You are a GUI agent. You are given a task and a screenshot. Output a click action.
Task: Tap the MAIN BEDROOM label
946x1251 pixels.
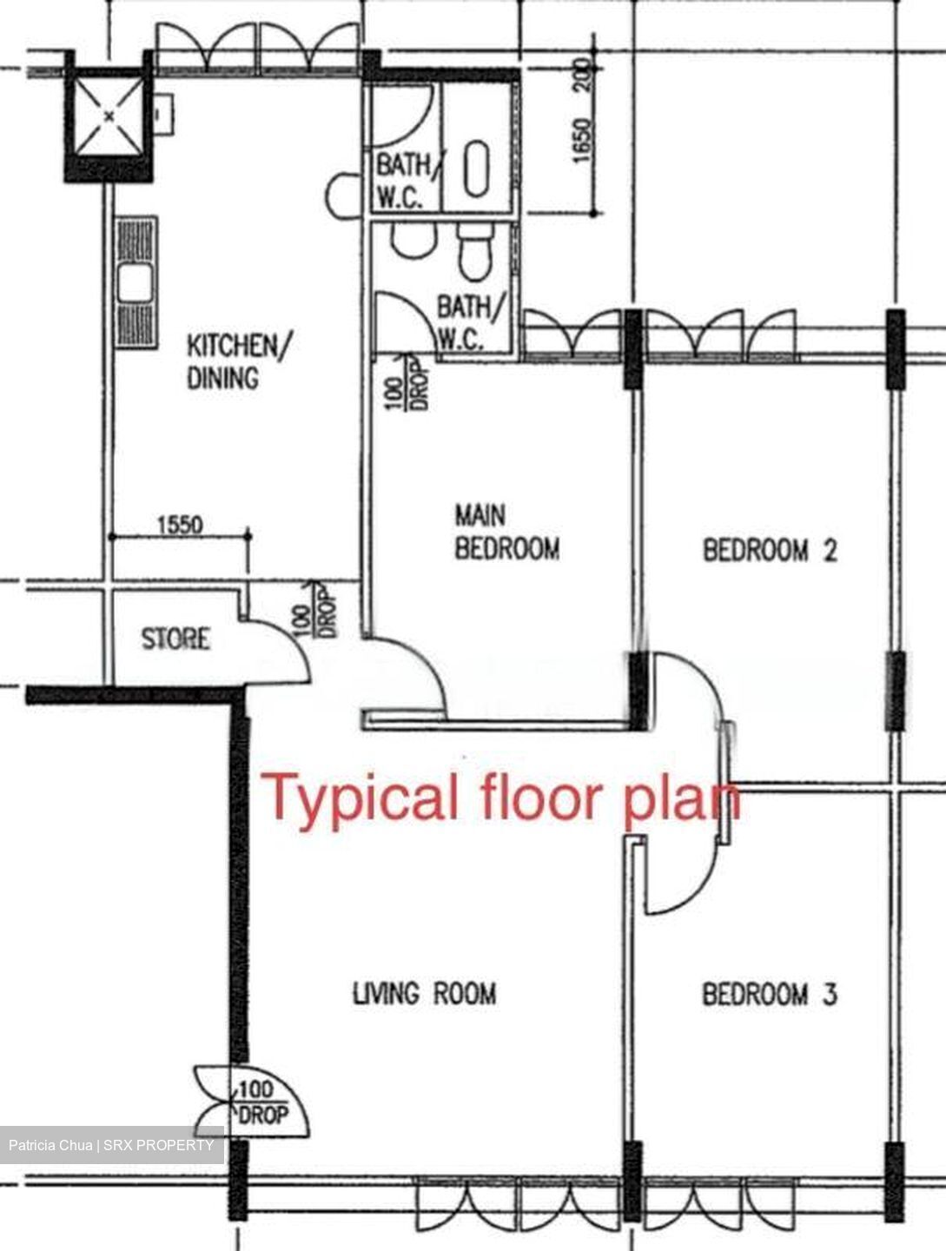click(506, 533)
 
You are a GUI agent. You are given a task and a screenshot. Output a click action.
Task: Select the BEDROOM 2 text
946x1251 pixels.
click(770, 551)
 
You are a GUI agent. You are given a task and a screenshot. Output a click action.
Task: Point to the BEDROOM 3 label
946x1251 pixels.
click(770, 994)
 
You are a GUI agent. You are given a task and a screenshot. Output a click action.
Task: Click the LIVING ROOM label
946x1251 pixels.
click(424, 993)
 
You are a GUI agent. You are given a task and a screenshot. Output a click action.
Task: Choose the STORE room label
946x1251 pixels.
click(175, 639)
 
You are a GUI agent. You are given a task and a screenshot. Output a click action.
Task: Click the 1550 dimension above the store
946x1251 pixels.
click(180, 525)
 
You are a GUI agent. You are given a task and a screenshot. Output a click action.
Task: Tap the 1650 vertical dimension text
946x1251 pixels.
click(583, 139)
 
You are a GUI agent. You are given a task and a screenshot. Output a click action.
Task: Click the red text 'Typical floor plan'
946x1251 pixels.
click(501, 798)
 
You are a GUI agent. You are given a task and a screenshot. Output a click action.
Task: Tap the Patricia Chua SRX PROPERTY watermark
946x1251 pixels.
click(112, 1145)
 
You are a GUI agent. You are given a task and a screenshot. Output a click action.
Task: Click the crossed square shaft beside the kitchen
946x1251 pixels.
click(109, 116)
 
